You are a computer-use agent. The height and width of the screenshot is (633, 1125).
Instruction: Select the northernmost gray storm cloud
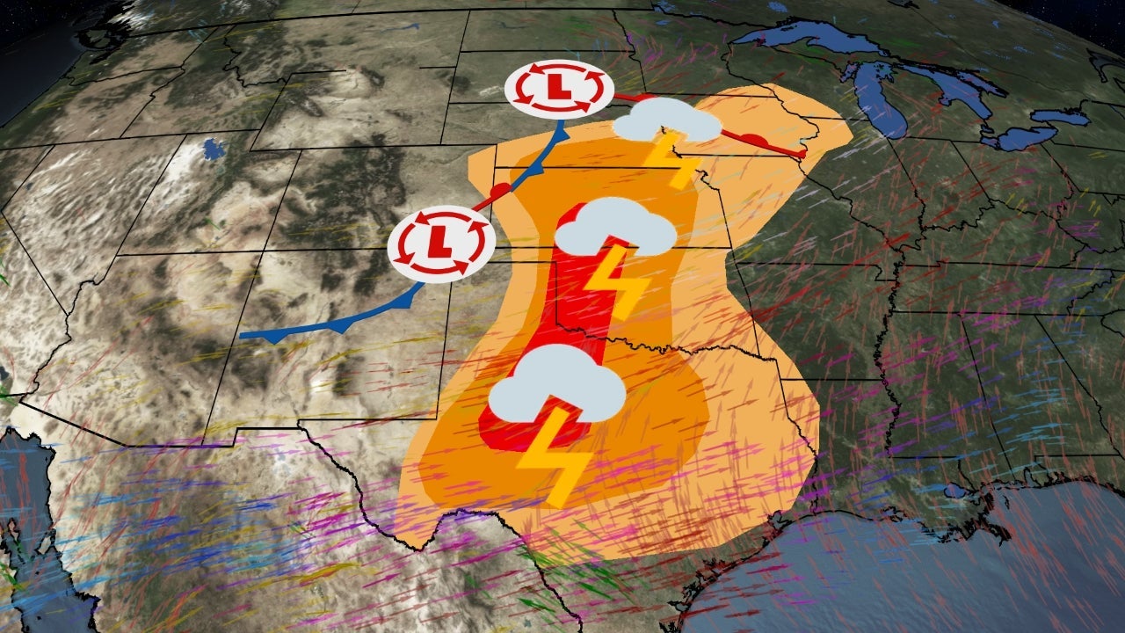pos(666,121)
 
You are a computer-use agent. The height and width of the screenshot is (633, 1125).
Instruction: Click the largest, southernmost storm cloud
pos(555,387)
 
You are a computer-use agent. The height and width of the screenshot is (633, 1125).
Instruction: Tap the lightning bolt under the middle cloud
pos(614,281)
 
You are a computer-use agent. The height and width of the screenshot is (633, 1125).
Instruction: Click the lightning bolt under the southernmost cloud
pos(554,457)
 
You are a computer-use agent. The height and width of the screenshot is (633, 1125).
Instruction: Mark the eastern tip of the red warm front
pos(802,154)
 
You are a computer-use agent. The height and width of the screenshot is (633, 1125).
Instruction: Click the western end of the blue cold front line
pos(243,335)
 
